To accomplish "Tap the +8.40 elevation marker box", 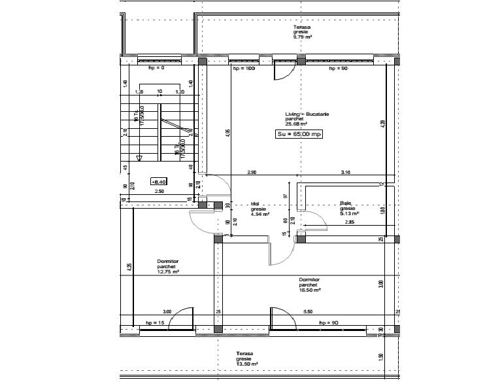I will (x=159, y=182).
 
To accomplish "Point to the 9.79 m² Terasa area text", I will (x=303, y=37).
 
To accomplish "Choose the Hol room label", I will (x=256, y=203).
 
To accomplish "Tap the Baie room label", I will (x=346, y=203).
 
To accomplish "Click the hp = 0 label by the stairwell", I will (x=156, y=68).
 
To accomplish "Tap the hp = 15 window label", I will (x=155, y=323).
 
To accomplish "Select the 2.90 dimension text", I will (x=251, y=172).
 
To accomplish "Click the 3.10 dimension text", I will (x=346, y=172).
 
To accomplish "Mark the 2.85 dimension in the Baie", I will (x=350, y=224).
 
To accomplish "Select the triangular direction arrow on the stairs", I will (x=139, y=158).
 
